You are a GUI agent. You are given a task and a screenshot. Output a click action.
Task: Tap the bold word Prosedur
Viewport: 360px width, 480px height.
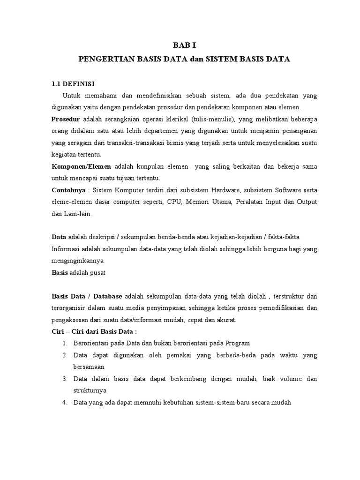pyautogui.click(x=66, y=119)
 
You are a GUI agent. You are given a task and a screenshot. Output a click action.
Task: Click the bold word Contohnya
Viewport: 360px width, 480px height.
pyautogui.click(x=68, y=190)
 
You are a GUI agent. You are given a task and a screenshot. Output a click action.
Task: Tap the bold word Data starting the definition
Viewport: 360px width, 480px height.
pyautogui.click(x=59, y=237)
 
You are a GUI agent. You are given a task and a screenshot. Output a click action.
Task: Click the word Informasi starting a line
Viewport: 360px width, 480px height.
pyautogui.click(x=66, y=249)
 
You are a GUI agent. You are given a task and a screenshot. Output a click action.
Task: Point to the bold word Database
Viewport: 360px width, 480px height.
pyautogui.click(x=108, y=296)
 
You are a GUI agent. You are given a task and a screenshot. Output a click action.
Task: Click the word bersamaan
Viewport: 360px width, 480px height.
pyautogui.click(x=89, y=367)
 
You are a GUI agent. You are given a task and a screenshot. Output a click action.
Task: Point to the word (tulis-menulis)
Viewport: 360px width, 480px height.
pyautogui.click(x=213, y=119)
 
